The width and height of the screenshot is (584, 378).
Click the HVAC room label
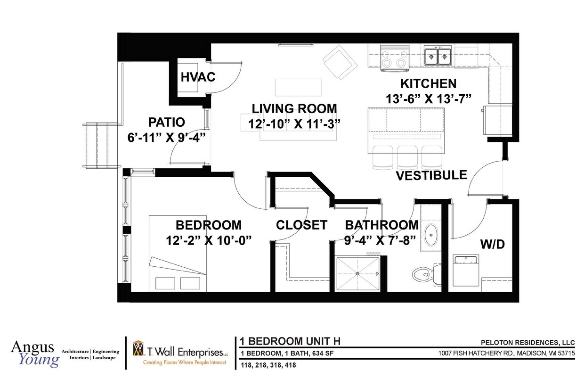pos(198,77)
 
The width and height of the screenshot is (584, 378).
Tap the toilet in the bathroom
pos(426,274)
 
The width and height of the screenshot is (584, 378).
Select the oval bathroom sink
pos(430,235)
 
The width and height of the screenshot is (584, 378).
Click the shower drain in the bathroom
pos(357,274)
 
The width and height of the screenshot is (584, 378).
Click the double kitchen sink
pos(438,56)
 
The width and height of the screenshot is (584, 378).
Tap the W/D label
pos(493,245)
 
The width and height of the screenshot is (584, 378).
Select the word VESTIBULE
pos(431,175)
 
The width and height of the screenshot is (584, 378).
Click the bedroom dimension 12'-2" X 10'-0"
pos(209,240)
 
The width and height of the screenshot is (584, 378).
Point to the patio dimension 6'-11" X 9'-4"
pos(167,138)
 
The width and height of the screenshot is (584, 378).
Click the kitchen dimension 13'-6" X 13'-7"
pos(429,99)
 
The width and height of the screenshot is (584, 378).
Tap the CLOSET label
pos(301,225)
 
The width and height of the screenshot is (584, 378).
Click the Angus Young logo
pos(35,354)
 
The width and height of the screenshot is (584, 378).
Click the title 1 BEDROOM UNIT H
pos(290,341)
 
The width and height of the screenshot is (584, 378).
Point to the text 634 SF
pos(323,353)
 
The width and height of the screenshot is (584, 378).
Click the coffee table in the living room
pos(298,88)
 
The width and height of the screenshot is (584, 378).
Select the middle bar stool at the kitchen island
pos(407,157)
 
